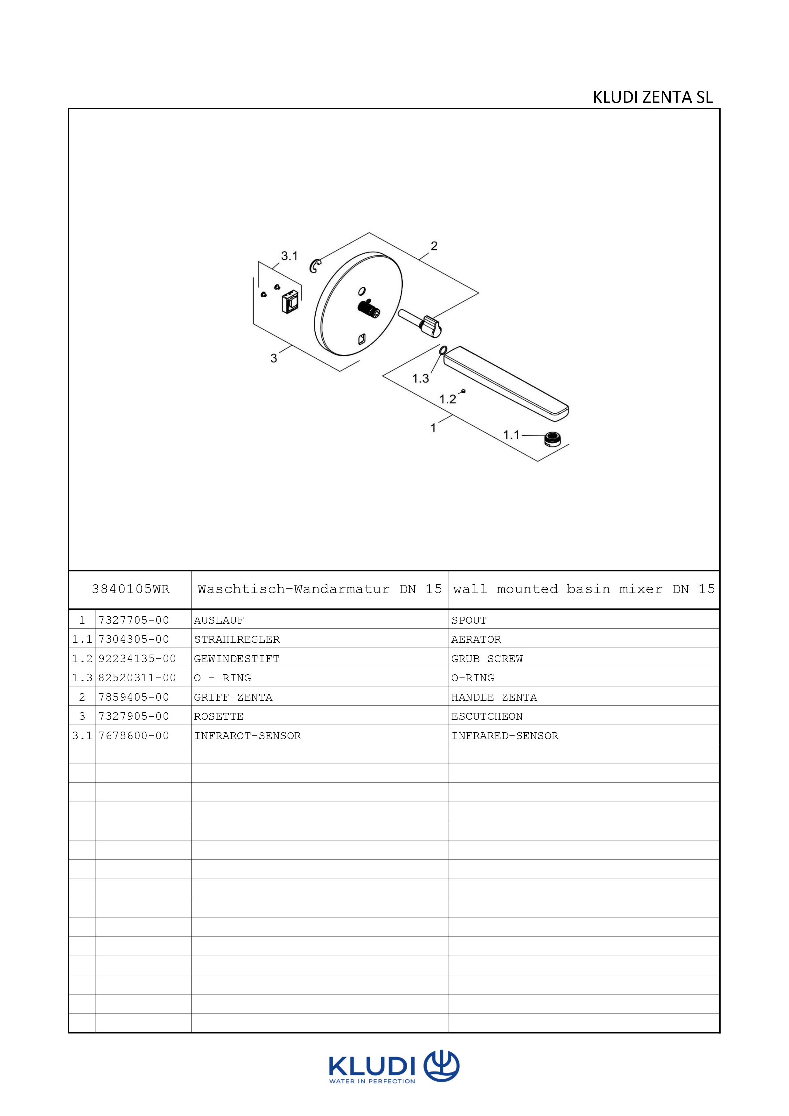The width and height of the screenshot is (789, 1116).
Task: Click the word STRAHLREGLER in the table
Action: [237, 639]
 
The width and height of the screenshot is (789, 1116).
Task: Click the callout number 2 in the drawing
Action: [434, 246]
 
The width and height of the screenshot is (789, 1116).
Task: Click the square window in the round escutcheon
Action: [362, 339]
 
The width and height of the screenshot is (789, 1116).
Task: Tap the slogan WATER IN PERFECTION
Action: [372, 1082]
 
